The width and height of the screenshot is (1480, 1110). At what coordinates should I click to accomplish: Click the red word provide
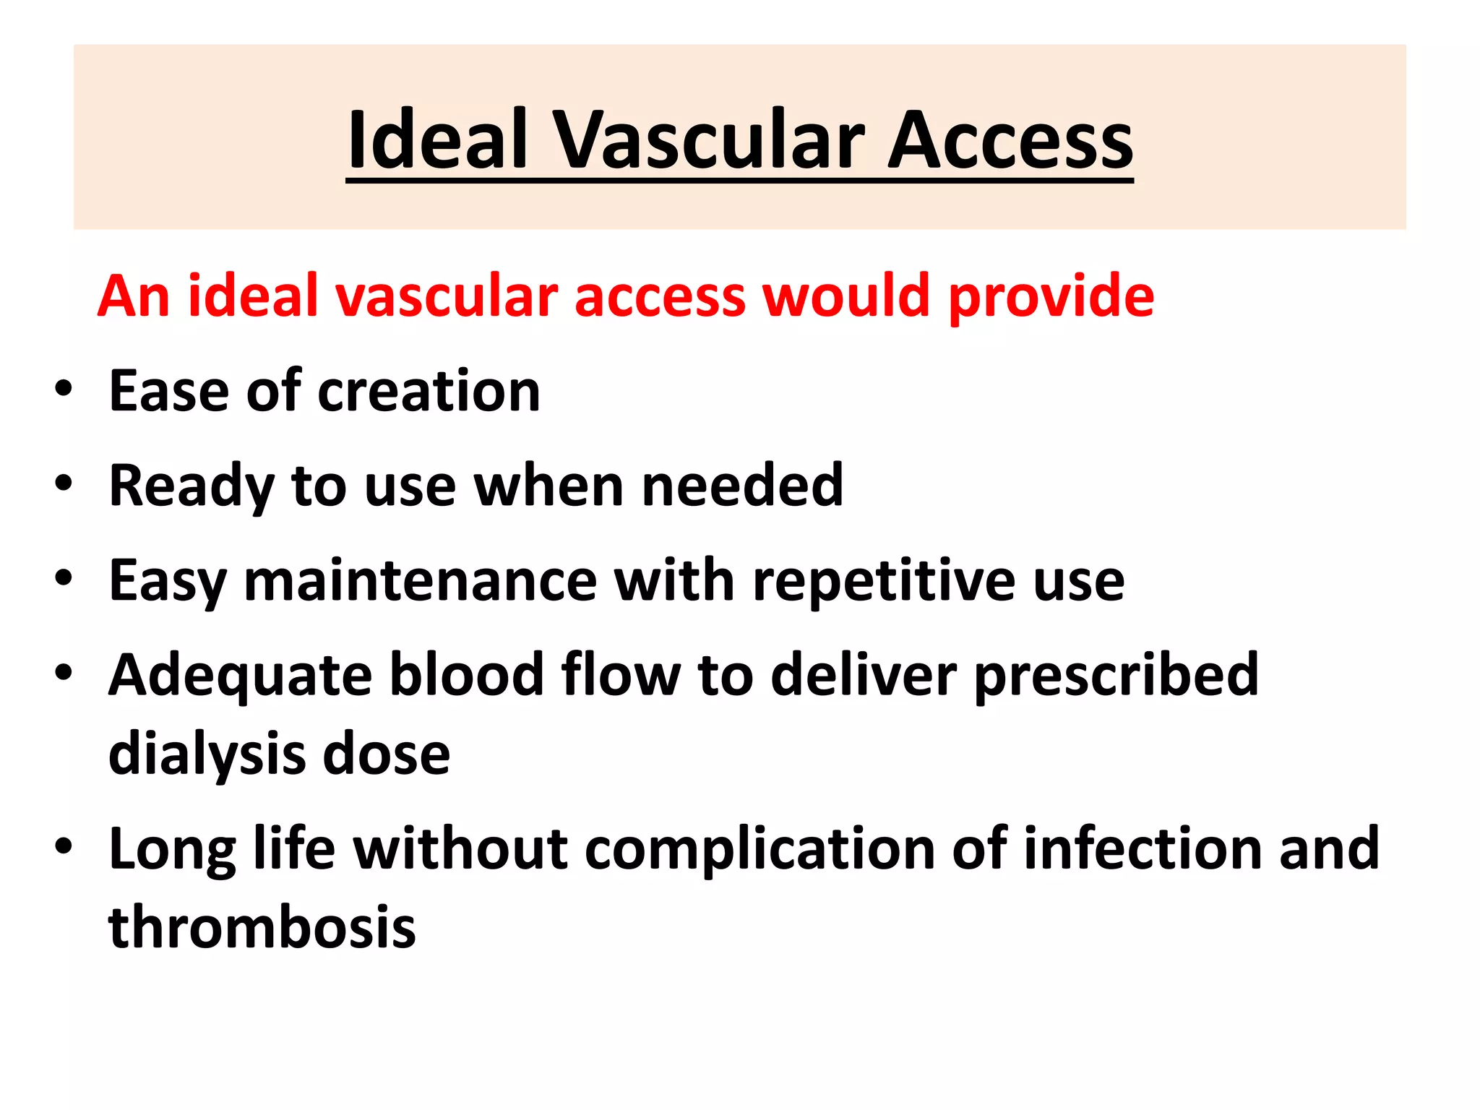tap(1051, 297)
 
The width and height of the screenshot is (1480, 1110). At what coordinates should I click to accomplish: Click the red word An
tap(134, 296)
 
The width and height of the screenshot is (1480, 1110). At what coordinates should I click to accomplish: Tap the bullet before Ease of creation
tap(64, 389)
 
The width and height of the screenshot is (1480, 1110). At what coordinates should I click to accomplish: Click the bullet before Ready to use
tap(64, 483)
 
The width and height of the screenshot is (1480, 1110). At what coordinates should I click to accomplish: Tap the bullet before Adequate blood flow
tap(64, 672)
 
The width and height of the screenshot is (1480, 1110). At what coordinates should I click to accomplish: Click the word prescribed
tap(1116, 676)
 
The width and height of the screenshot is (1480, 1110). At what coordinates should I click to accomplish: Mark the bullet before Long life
tap(64, 846)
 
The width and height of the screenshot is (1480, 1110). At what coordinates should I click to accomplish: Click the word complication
tap(760, 849)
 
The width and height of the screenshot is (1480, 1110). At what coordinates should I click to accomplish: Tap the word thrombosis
tap(262, 927)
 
